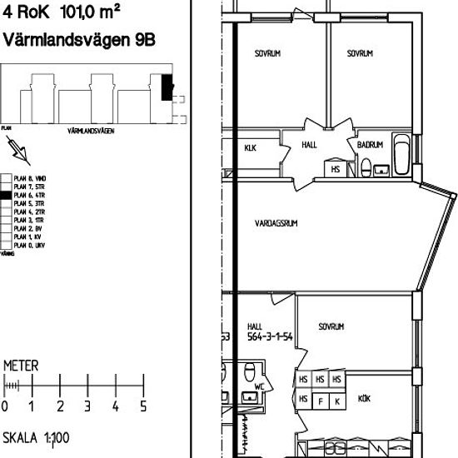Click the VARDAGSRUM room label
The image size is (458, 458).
277,223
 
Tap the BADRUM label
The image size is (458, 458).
370,145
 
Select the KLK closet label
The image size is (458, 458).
250,148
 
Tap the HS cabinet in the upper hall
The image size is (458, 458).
336,169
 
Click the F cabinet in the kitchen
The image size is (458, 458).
321,401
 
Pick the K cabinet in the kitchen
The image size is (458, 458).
336,401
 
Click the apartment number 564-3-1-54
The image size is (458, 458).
270,337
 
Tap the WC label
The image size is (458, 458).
258,387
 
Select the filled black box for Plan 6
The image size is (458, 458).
6,193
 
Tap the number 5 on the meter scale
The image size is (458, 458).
143,407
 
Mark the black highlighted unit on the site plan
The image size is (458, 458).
167,87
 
